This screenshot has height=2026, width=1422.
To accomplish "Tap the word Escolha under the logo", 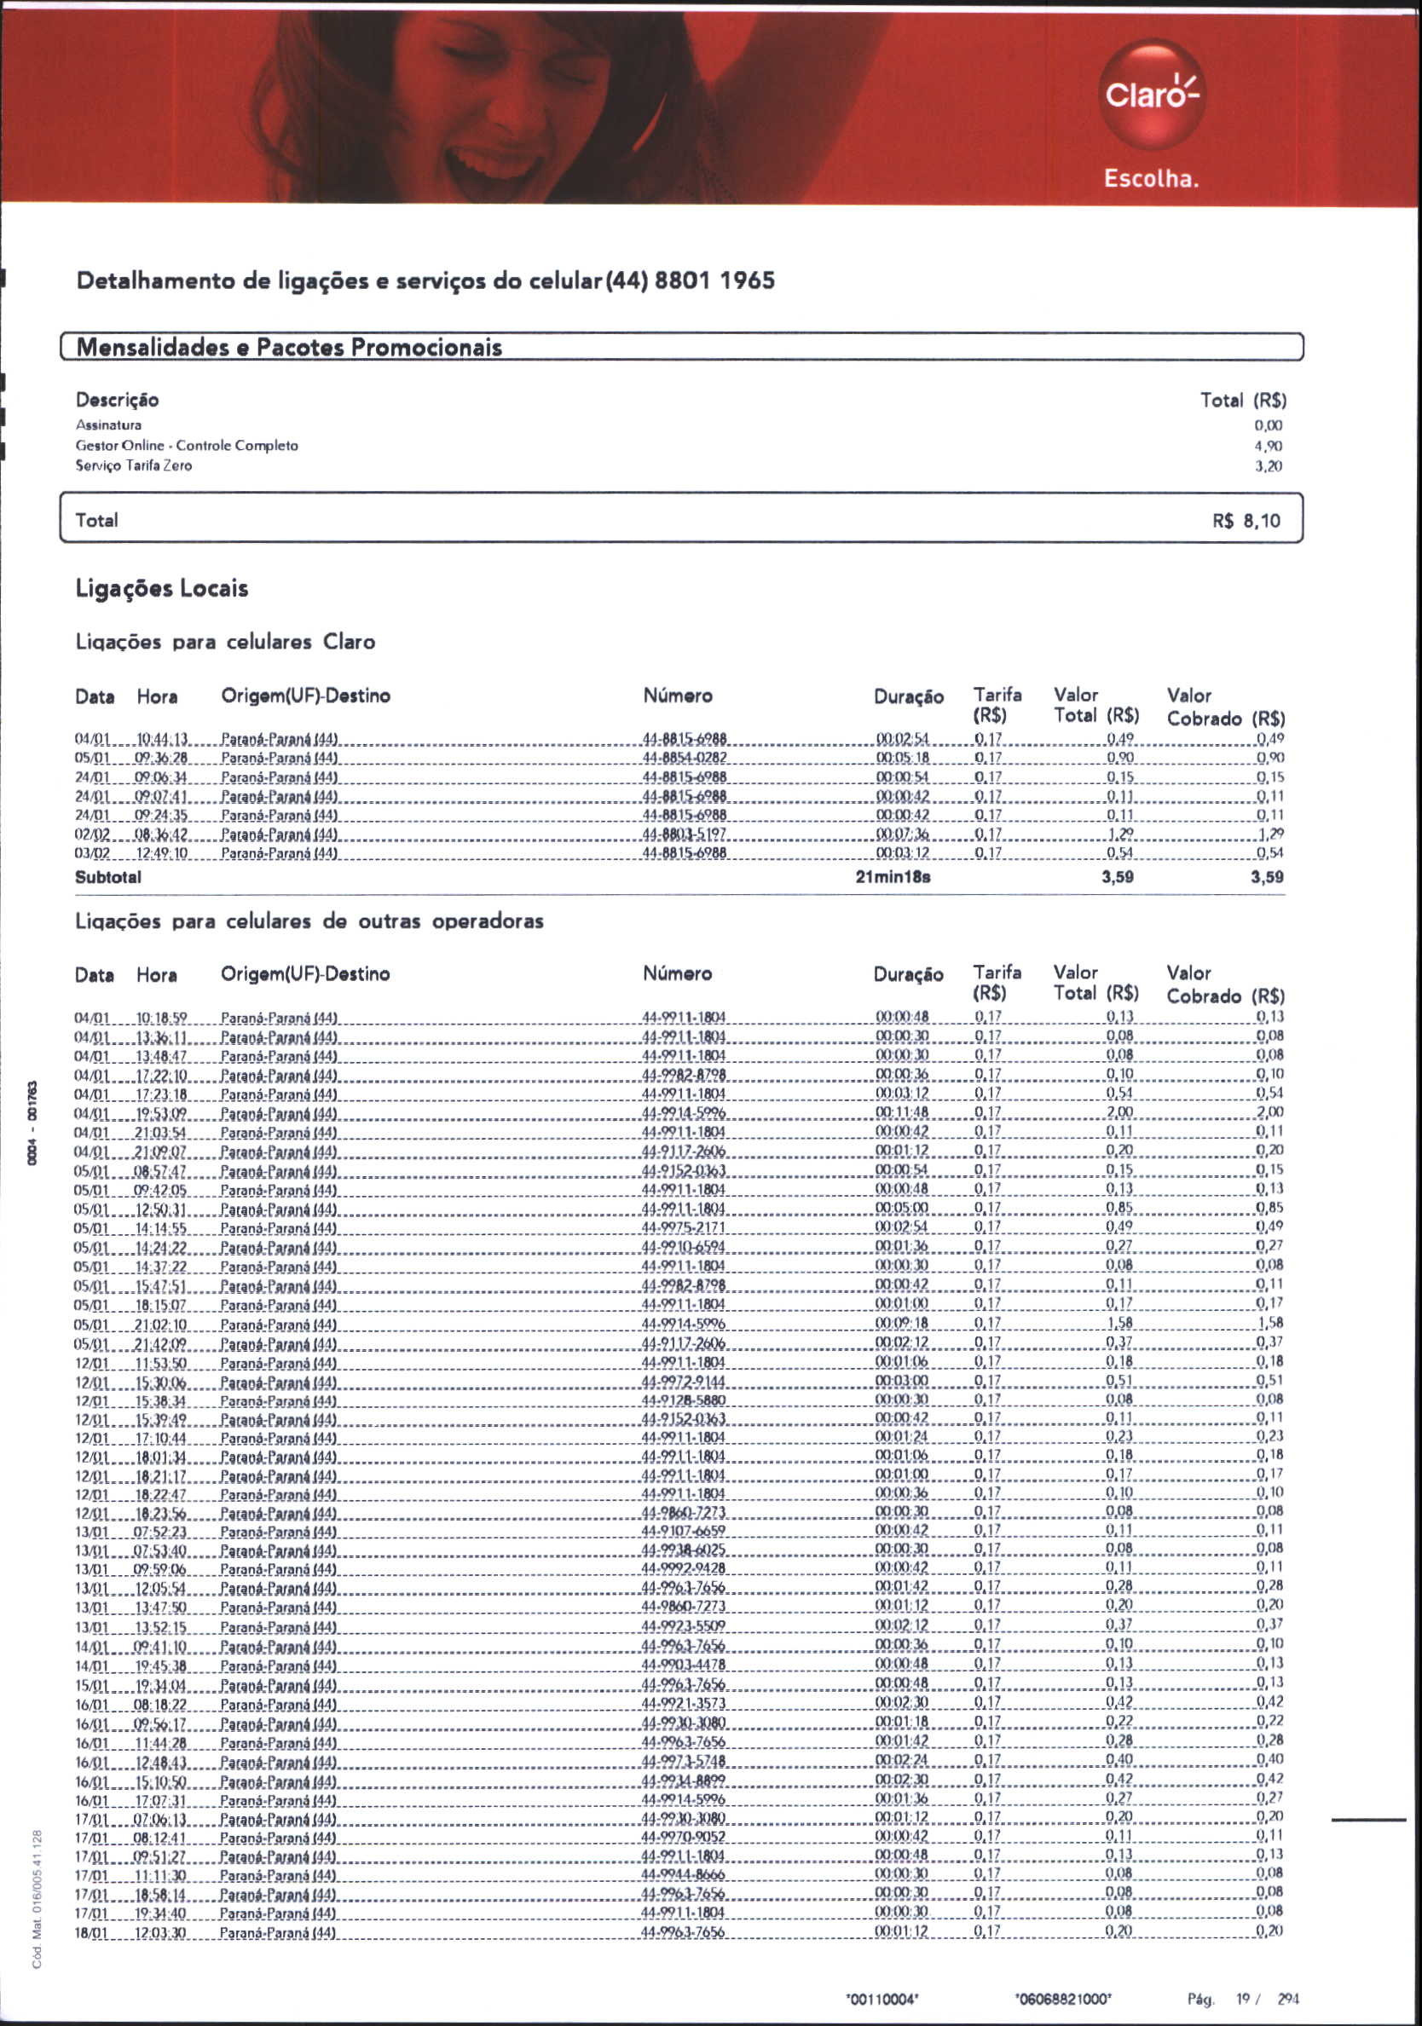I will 1151,179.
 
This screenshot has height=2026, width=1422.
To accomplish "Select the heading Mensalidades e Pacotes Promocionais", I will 290,347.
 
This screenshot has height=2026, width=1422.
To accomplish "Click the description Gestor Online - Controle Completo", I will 188,446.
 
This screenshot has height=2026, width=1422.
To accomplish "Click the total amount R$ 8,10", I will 1246,521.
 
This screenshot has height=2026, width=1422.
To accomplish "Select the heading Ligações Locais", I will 161,589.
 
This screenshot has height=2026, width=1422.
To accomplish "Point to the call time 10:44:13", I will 160,739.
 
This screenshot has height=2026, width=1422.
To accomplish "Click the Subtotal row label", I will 107,877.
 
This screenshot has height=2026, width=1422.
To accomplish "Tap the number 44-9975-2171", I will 684,1227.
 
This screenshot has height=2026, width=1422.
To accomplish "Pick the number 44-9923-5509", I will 684,1625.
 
